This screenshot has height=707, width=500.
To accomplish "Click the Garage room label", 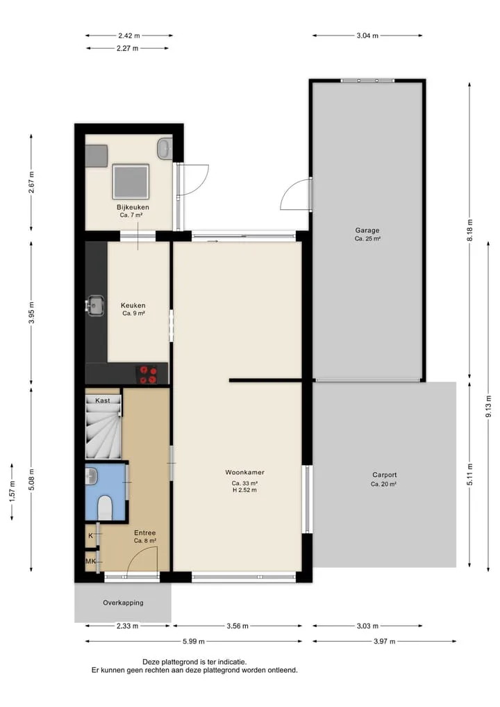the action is click(367, 230).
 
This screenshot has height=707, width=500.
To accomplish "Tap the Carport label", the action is click(385, 475).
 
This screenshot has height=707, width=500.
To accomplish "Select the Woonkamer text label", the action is click(244, 473).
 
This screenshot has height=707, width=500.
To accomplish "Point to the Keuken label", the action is click(133, 305).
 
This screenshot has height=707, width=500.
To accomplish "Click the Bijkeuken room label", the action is click(133, 207).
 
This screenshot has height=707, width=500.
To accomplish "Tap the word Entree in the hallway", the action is click(144, 533).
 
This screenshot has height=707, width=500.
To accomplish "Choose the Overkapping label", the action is click(123, 603).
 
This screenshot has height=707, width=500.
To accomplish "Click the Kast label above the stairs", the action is click(103, 400).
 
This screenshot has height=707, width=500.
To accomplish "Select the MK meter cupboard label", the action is click(90, 562).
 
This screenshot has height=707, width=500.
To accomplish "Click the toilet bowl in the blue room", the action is click(105, 507).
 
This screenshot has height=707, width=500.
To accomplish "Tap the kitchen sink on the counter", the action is click(95, 305).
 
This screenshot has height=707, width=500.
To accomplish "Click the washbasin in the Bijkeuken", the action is click(164, 148).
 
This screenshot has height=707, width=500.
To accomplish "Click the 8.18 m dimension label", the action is click(469, 230).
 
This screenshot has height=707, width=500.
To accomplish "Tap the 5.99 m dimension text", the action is click(193, 641).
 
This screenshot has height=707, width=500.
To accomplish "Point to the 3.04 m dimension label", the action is click(367, 35).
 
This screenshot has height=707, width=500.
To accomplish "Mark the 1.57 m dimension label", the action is click(12, 491).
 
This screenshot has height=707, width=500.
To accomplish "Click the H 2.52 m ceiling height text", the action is click(244, 490).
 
